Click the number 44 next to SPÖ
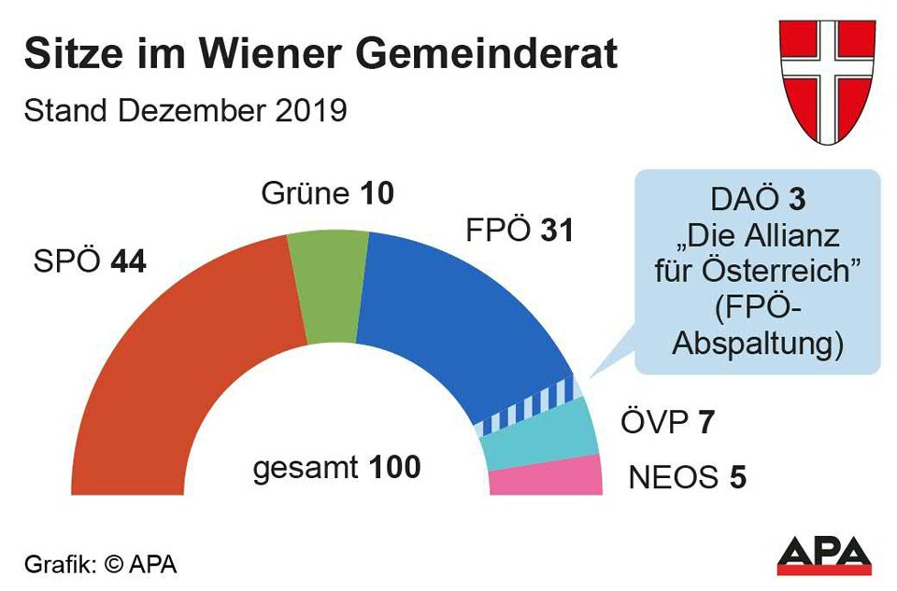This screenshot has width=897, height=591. click(x=129, y=262)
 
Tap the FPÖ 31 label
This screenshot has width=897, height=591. click(x=518, y=231)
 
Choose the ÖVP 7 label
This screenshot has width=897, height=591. click(x=667, y=423)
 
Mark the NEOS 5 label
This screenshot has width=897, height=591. click(x=688, y=478)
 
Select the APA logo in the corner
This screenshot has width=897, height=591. click(x=825, y=556)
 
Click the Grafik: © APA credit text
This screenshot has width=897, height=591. click(x=100, y=564)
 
